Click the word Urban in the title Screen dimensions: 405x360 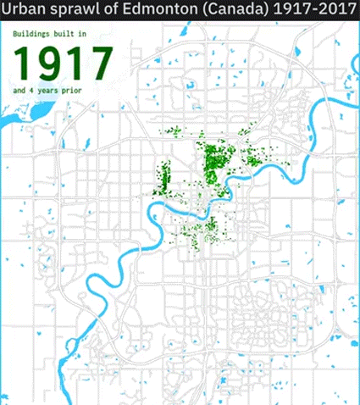coord(25,12)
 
